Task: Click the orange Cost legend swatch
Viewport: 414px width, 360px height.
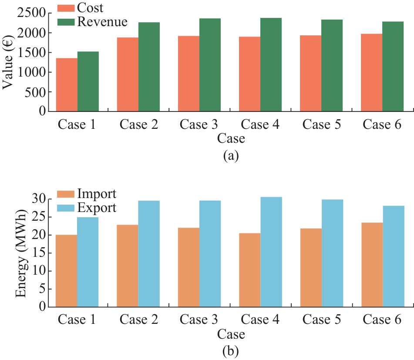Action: pos(66,8)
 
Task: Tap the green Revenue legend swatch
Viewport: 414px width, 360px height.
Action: pos(66,22)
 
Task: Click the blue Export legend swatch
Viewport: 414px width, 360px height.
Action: pos(66,208)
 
